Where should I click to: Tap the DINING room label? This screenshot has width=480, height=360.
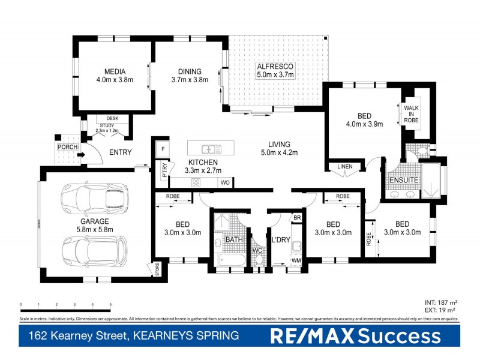(x=190, y=71)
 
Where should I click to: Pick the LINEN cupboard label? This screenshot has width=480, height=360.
(x=345, y=166)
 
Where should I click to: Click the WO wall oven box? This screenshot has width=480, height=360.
(x=225, y=182)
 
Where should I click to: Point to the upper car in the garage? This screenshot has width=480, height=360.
(x=94, y=199)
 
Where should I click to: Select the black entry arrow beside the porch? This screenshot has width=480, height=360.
(x=80, y=153)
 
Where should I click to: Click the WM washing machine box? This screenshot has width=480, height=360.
(x=296, y=261)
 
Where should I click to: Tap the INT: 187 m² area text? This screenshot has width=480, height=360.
(x=440, y=303)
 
